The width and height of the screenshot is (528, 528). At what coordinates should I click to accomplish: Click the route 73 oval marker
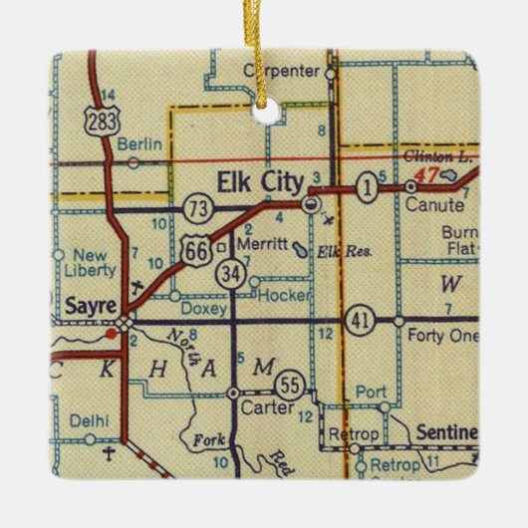click(x=195, y=208)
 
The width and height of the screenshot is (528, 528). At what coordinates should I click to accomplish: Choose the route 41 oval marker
click(x=359, y=321)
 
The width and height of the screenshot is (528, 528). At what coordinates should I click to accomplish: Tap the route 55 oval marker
click(x=290, y=384)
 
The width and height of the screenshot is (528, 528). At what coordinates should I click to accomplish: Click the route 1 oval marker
click(x=369, y=186)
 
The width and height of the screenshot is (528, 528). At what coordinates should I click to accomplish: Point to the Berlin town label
click(x=138, y=144)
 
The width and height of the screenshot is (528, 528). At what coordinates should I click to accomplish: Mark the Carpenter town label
click(x=281, y=71)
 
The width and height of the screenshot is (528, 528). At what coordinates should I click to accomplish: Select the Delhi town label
click(x=90, y=421)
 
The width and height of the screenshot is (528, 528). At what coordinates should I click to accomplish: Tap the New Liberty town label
click(x=82, y=262)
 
